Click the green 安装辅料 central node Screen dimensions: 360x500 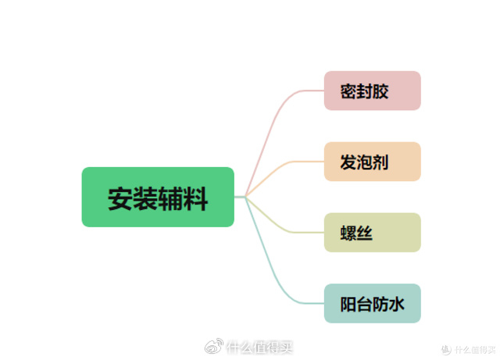click(x=158, y=197)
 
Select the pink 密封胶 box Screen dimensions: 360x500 click(x=372, y=91)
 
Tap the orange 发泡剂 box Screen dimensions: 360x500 click(x=372, y=162)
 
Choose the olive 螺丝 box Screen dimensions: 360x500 click(x=372, y=232)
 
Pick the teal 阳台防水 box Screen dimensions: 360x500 click(x=372, y=303)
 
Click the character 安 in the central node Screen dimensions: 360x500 click(x=120, y=198)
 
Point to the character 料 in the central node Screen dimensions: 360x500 click(x=196, y=198)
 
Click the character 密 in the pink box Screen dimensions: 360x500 click(x=348, y=91)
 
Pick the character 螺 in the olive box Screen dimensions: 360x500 click(x=348, y=233)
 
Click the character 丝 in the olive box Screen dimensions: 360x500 click(x=365, y=233)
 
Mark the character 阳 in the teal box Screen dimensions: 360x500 click(x=348, y=304)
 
